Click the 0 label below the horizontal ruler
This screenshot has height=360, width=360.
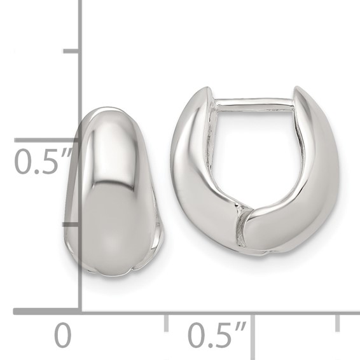click(x=62, y=336)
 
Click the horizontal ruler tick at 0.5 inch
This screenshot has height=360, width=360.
click(x=253, y=322)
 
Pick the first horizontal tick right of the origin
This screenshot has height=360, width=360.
click(x=166, y=322)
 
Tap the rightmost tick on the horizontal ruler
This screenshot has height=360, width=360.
click(x=338, y=322)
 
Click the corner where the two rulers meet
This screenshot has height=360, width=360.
click(x=80, y=311)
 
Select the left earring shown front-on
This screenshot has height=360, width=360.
click(x=113, y=191)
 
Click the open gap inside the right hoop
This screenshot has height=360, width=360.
click(x=254, y=153)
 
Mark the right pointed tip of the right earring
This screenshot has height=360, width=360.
click(x=298, y=92)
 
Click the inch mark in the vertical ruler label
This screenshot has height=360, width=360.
click(x=69, y=153)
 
